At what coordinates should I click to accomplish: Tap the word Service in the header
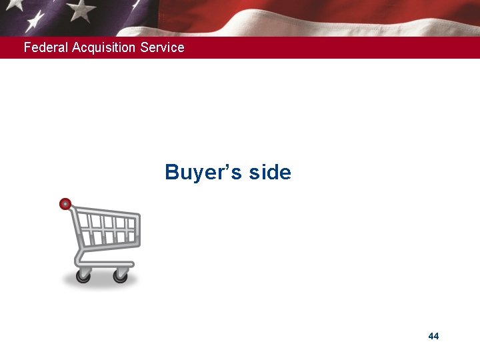pos(163,47)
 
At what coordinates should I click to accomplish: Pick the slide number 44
pos(433,336)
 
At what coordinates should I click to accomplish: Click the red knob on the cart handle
pos(65,204)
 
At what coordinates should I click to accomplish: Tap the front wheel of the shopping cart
pos(121,275)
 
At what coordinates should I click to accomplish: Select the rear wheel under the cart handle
pos(83,275)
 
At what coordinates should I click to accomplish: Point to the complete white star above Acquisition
pos(81,10)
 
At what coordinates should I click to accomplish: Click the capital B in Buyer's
pos(173,173)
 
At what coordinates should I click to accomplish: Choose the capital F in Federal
pos(27,47)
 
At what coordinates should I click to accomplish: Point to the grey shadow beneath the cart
pos(100,285)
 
